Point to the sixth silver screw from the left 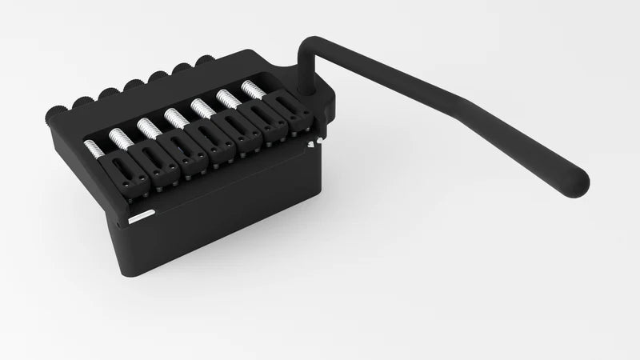(226, 98)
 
